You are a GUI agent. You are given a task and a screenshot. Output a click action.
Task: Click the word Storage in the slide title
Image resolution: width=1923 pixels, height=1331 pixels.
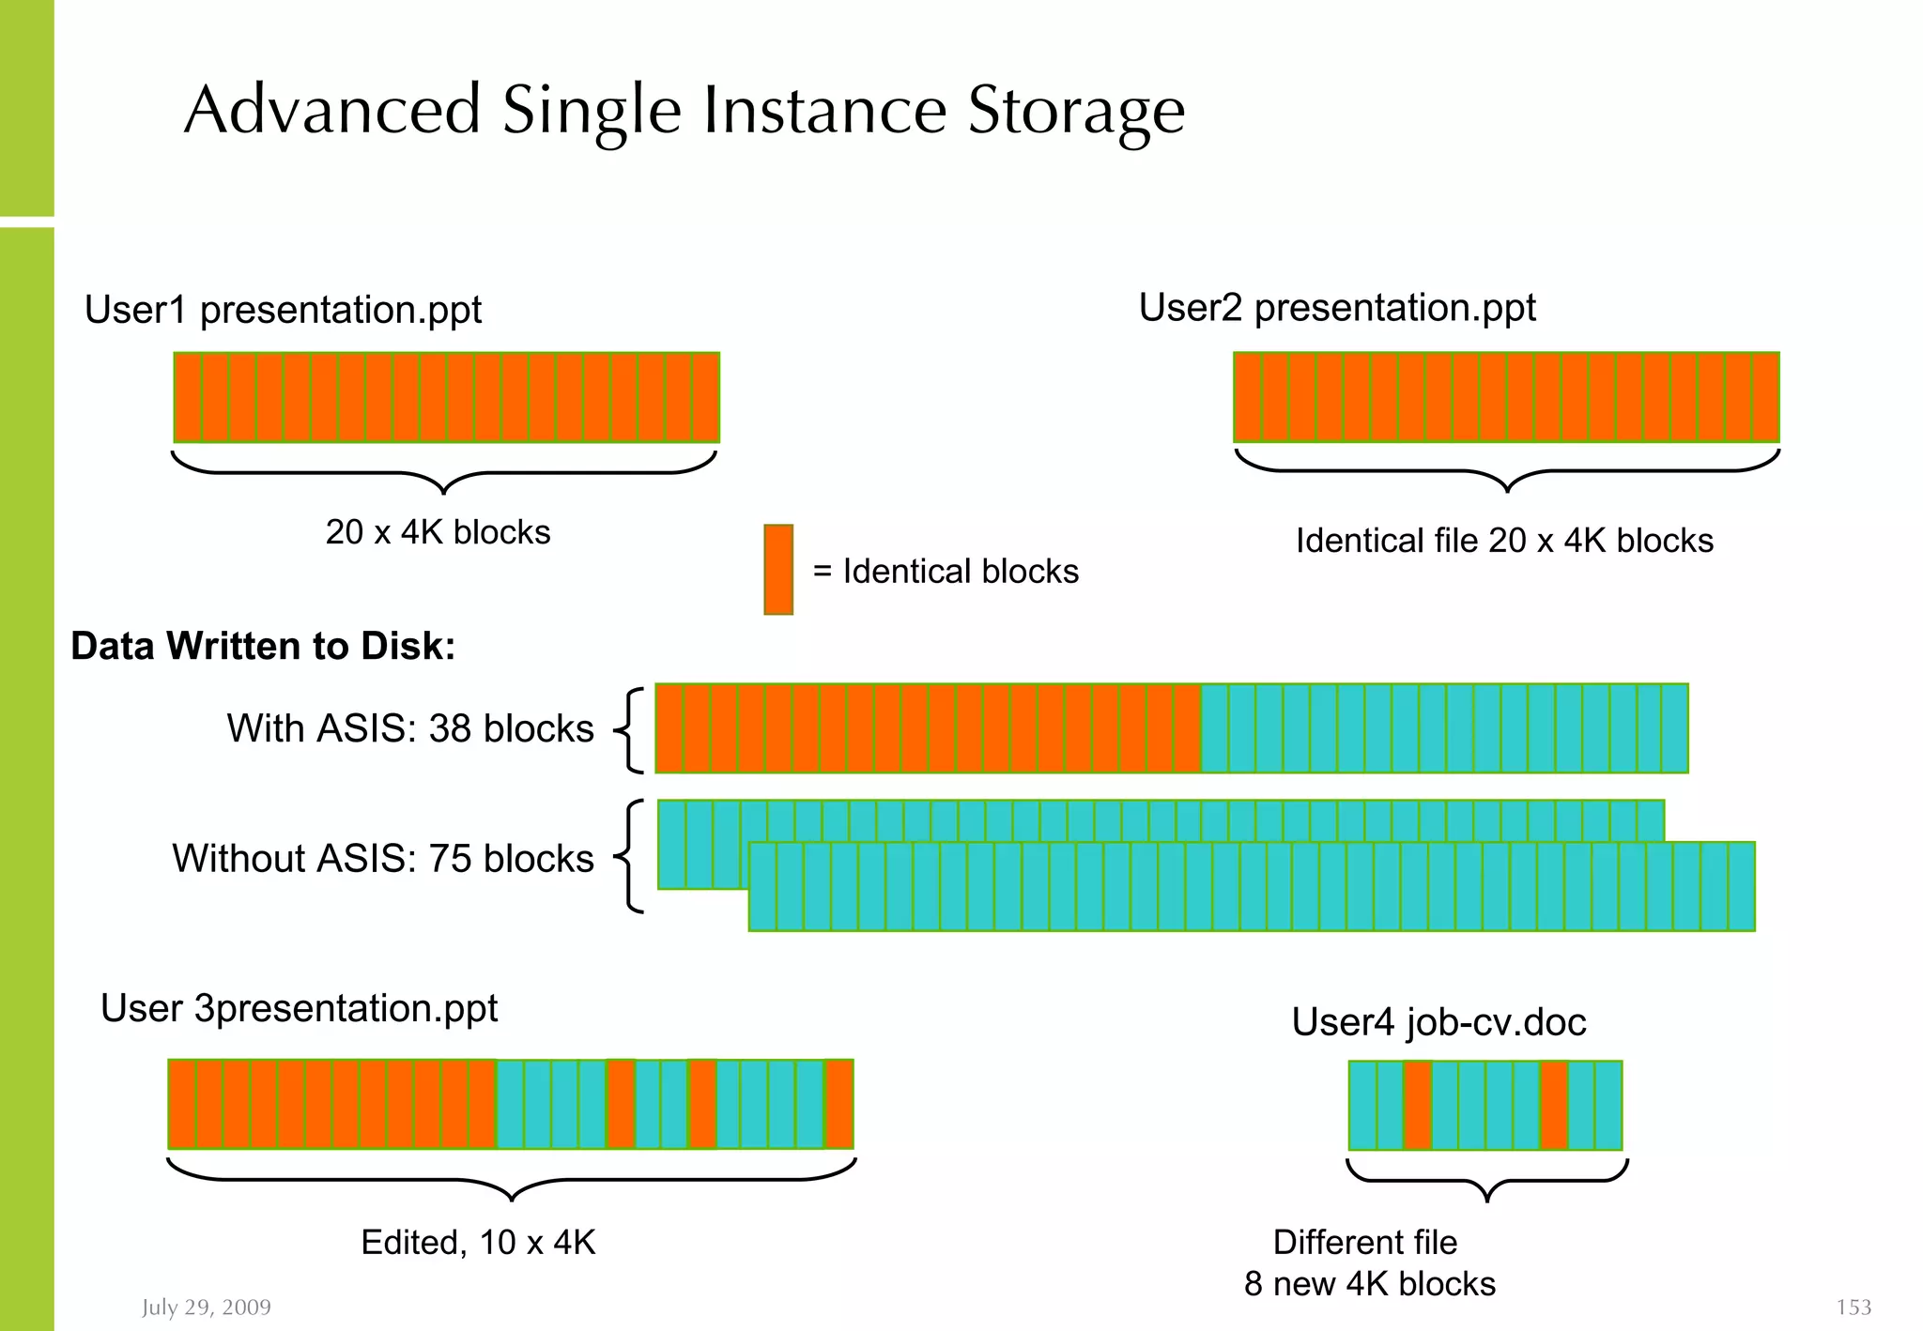(x=1076, y=111)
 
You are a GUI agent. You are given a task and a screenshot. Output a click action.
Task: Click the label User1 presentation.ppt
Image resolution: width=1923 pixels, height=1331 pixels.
(x=283, y=310)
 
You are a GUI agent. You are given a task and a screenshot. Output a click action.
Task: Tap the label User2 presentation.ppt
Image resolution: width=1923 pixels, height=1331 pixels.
(x=1337, y=308)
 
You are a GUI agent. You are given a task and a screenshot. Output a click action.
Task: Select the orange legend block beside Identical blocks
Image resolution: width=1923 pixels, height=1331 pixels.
(x=778, y=570)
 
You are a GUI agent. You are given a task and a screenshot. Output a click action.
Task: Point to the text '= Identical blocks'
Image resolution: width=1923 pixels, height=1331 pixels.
(x=946, y=571)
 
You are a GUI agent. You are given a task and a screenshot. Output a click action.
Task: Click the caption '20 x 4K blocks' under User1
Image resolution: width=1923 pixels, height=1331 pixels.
(x=438, y=532)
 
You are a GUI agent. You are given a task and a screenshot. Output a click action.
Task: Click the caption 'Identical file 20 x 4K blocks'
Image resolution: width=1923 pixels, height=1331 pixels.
(x=1504, y=541)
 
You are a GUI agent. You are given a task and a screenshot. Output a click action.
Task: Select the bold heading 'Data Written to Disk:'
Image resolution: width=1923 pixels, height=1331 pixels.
(x=263, y=646)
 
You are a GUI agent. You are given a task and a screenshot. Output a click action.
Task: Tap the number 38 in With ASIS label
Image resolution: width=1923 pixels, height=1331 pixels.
(x=451, y=728)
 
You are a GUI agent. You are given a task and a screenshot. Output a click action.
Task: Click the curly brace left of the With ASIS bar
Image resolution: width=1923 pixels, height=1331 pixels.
(x=631, y=729)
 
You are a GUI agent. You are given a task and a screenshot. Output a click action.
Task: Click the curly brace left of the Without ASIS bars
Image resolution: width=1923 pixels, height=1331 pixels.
(x=631, y=856)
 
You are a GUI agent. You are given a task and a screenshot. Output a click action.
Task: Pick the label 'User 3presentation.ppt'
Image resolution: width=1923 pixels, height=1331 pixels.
(x=299, y=1008)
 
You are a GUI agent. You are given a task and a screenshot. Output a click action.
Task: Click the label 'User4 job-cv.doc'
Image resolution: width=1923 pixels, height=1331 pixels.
(x=1438, y=1021)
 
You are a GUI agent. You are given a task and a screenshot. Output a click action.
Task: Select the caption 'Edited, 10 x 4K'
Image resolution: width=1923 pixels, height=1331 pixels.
(x=478, y=1242)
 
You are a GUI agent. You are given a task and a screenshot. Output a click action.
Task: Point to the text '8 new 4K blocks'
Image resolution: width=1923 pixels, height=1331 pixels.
(x=1369, y=1283)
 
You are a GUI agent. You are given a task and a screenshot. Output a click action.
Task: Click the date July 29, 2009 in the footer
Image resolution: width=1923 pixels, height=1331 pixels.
(x=207, y=1307)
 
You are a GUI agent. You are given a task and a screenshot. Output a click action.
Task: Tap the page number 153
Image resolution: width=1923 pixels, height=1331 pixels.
(x=1854, y=1307)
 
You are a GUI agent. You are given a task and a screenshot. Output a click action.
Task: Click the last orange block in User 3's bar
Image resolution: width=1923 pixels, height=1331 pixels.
(x=839, y=1104)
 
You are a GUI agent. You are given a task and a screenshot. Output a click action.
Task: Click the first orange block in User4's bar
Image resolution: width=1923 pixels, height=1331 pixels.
(x=1418, y=1105)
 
